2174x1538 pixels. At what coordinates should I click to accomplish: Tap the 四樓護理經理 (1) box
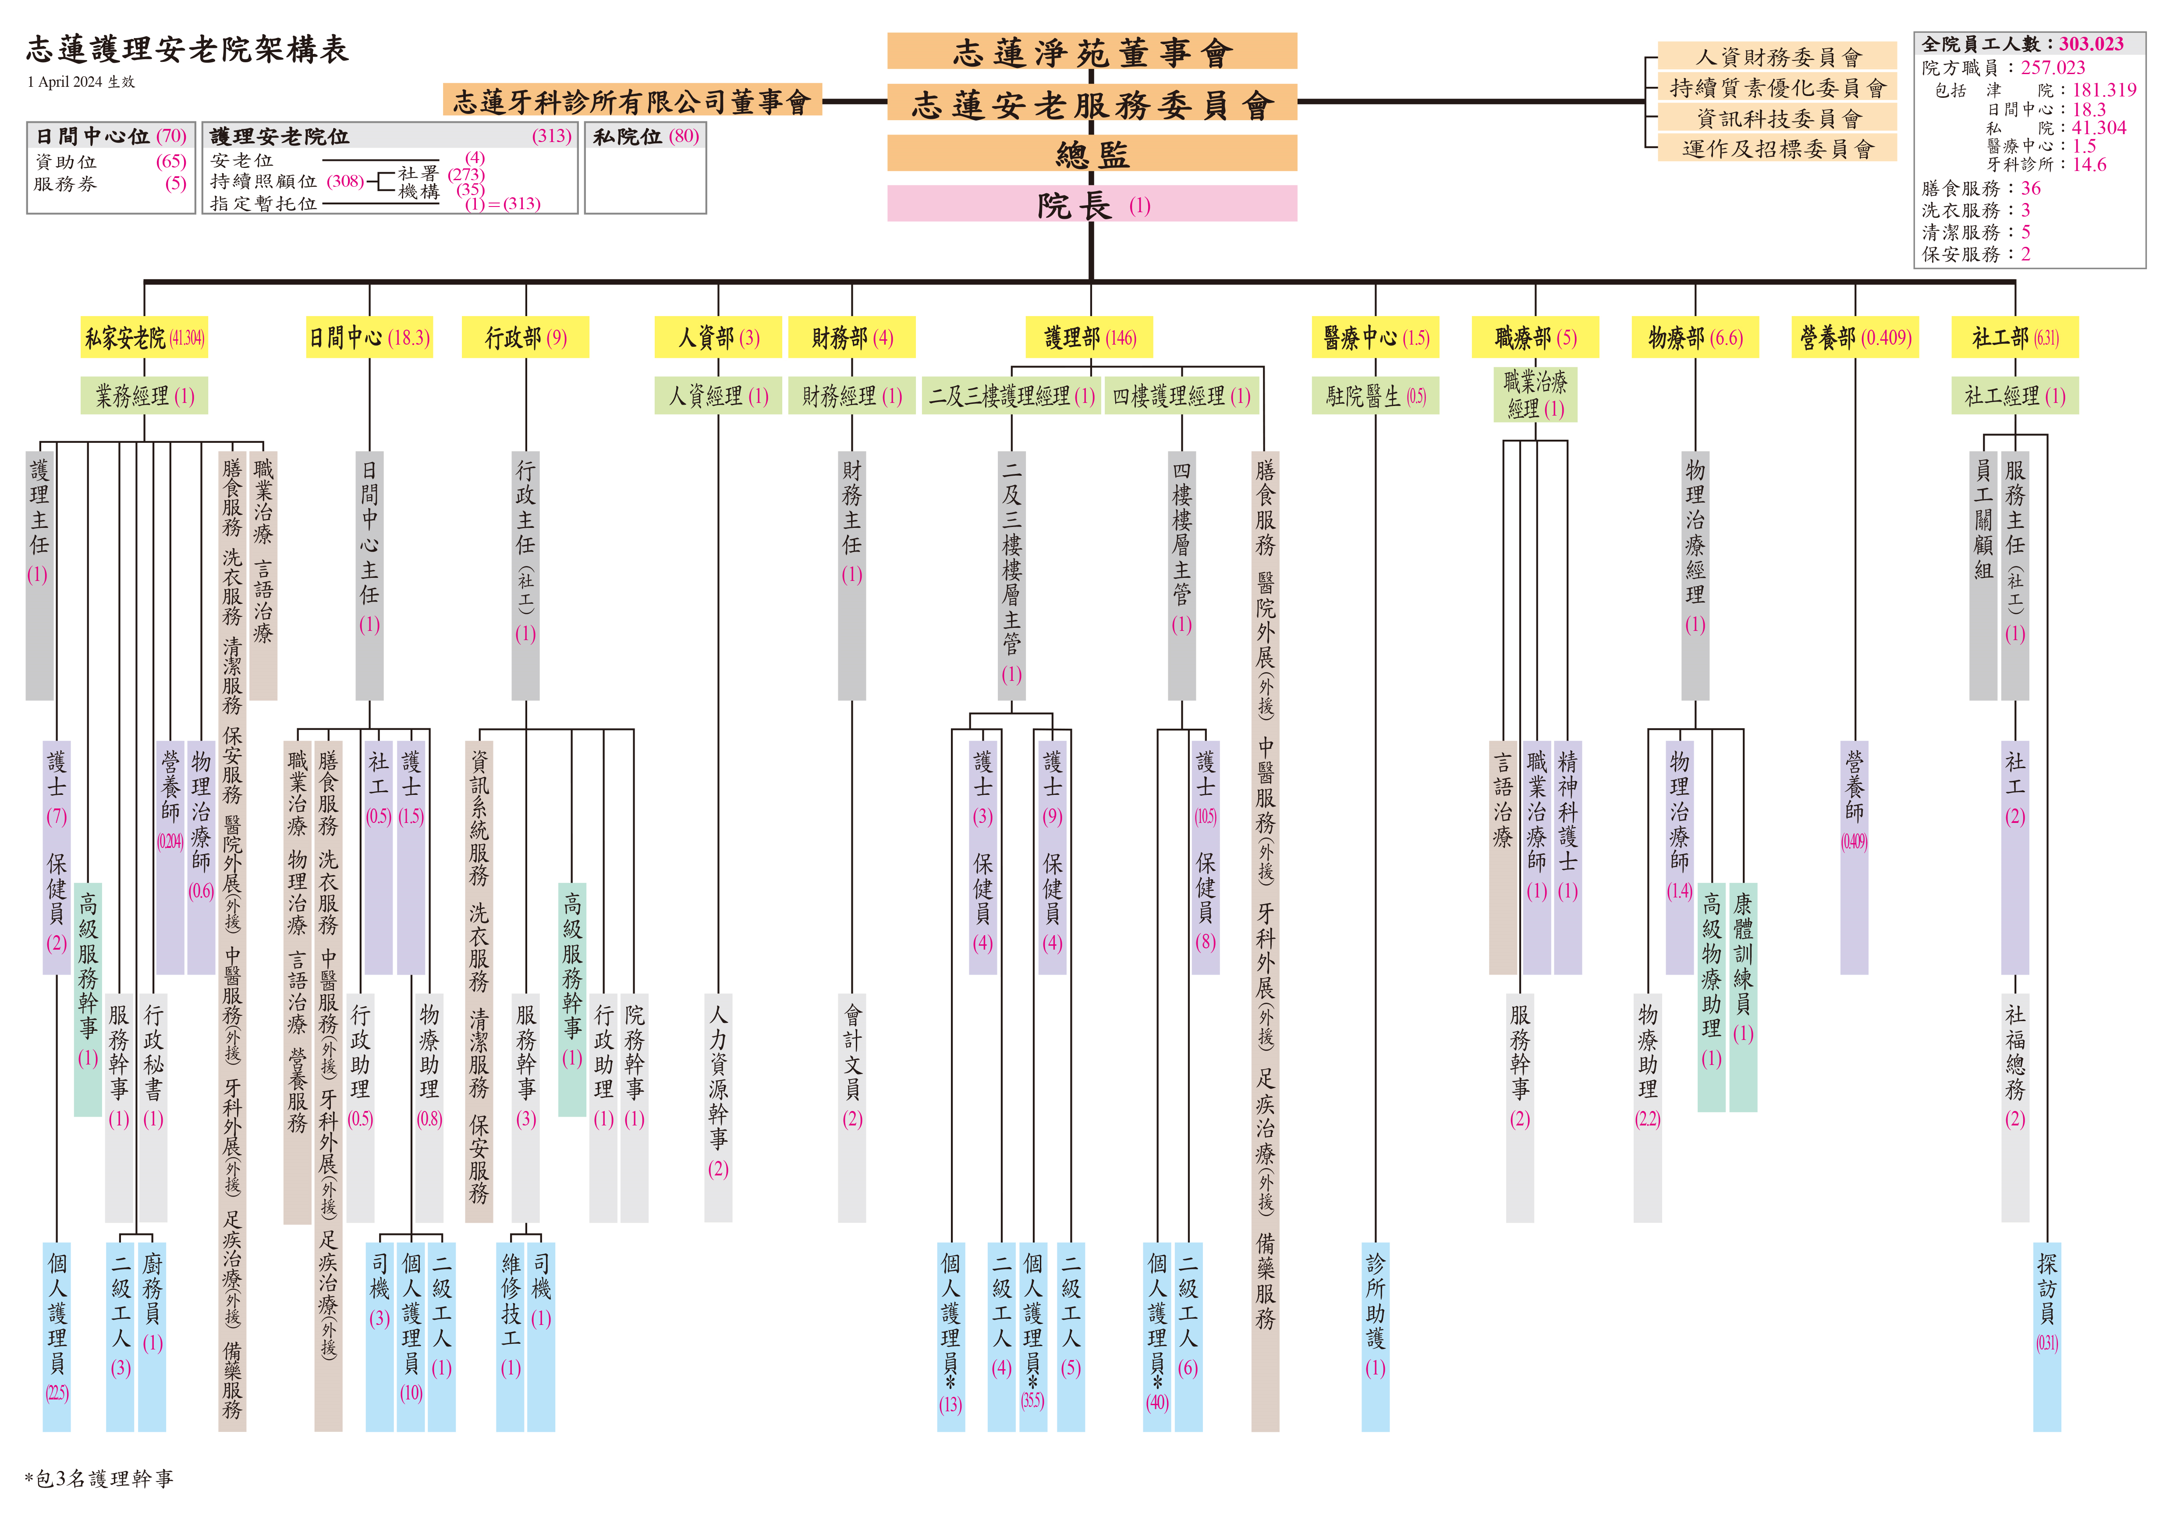(1182, 396)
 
